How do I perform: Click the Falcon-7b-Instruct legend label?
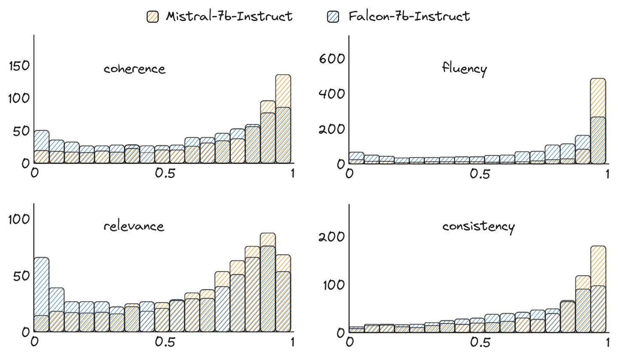[409, 17]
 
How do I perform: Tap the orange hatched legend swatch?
[152, 17]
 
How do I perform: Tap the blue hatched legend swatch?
[333, 17]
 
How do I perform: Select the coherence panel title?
[134, 69]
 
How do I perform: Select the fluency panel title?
[464, 69]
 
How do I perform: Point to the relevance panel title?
[133, 226]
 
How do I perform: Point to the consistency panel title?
[478, 226]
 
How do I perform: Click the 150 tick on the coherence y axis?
[18, 66]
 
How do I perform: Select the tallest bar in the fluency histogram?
[598, 121]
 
